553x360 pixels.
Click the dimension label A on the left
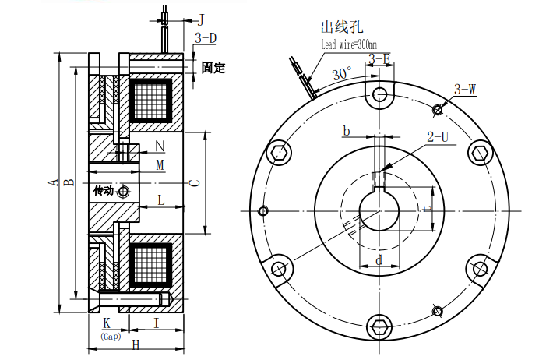53,182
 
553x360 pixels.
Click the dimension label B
69,182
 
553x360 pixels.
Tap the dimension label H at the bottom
135,344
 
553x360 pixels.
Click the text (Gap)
110,336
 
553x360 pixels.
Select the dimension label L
160,200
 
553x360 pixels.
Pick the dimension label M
160,164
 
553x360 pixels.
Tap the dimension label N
160,146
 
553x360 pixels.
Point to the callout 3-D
205,37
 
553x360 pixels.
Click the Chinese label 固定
213,68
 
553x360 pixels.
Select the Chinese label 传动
104,191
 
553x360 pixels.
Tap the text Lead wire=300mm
348,45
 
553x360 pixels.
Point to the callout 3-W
464,90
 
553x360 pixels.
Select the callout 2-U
438,137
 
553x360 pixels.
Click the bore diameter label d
379,260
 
